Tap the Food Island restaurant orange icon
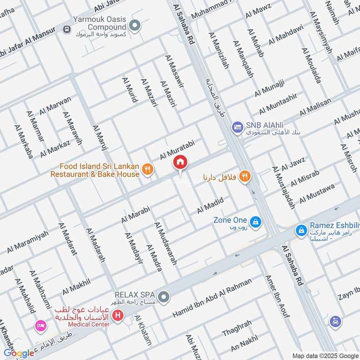[x=147, y=169]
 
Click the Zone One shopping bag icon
[x=255, y=221]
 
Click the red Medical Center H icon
[x=118, y=315]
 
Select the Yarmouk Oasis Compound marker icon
[x=134, y=24]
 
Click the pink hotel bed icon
[x=40, y=325]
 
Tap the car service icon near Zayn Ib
[x=335, y=321]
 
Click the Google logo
[x=19, y=353]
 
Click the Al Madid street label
[x=210, y=207]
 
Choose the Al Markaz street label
[x=55, y=149]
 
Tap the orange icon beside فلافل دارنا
[x=244, y=176]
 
